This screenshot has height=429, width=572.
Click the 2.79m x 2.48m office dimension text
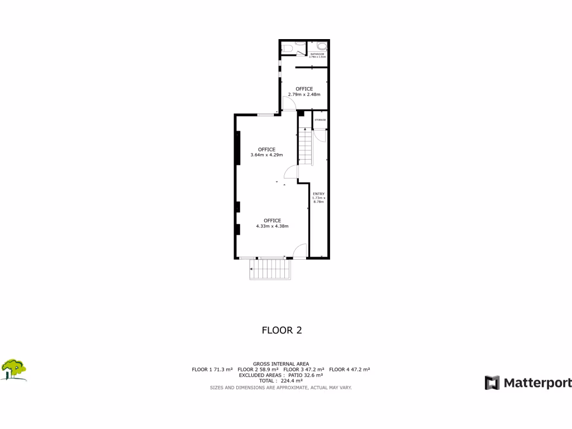click(304, 94)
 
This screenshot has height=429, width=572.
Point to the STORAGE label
click(320, 120)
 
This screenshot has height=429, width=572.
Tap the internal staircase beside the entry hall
click(304, 146)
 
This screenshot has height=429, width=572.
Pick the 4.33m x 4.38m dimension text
click(272, 226)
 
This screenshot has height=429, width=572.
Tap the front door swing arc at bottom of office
click(300, 251)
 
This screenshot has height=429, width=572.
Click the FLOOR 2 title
click(282, 330)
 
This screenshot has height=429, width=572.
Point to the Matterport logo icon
click(492, 383)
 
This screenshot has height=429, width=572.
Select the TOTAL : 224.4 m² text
click(281, 381)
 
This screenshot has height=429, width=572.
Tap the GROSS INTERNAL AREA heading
click(281, 364)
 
